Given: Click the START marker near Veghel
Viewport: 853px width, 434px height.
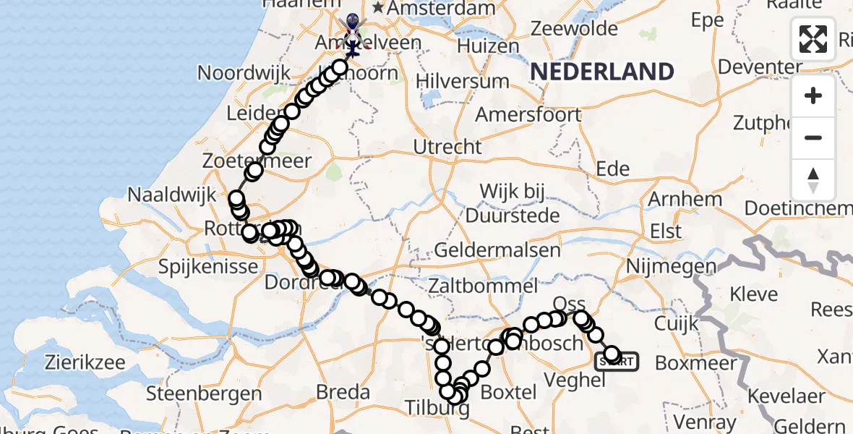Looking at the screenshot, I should click(617, 362).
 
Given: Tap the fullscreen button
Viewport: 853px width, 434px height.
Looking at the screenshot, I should click(813, 38).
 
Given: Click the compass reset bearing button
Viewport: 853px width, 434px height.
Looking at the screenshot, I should click(813, 180).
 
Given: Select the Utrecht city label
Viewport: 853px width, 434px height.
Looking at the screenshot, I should click(447, 147).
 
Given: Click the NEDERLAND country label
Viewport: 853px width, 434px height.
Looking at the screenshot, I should click(602, 72).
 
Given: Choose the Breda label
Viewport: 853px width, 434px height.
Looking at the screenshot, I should click(344, 393).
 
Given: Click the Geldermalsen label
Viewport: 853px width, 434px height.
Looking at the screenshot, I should click(497, 251).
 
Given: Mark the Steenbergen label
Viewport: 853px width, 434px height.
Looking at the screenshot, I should click(204, 393).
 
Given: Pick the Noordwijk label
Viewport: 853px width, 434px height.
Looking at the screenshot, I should click(244, 72).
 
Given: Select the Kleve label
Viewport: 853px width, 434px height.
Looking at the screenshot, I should click(754, 294).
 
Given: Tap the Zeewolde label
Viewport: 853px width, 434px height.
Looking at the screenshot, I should click(575, 29).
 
